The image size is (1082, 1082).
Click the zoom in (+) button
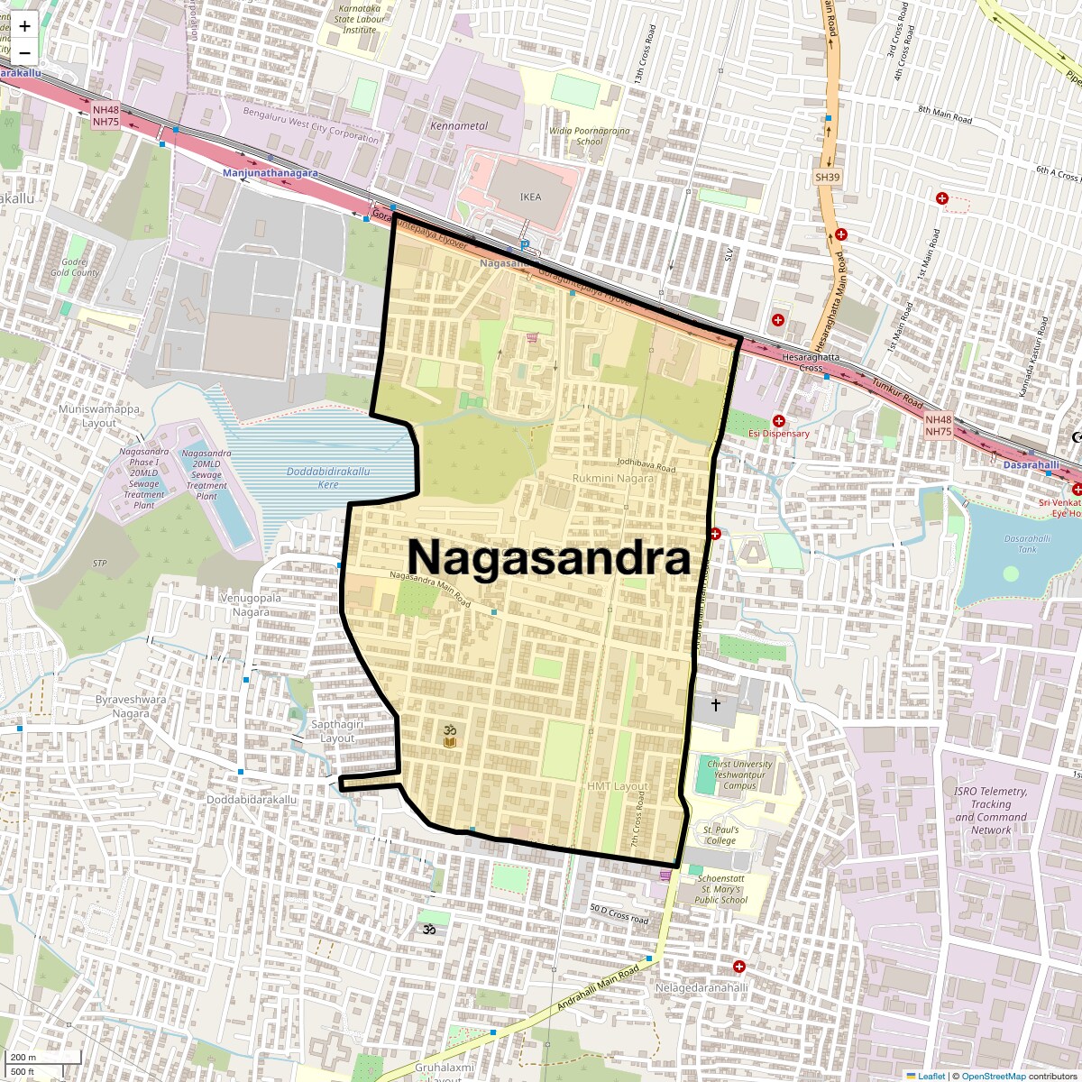pyautogui.click(x=24, y=26)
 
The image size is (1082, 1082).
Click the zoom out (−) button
pyautogui.click(x=24, y=51)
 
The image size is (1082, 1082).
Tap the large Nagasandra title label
pyautogui.click(x=549, y=557)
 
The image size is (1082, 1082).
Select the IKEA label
pyautogui.click(x=531, y=197)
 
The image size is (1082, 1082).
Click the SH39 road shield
pyautogui.click(x=827, y=178)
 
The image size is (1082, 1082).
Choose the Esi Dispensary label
pyautogui.click(x=778, y=434)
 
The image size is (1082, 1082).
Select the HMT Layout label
pyautogui.click(x=618, y=786)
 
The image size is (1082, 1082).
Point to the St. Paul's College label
pyautogui.click(x=721, y=835)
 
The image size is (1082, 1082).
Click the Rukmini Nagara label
pyautogui.click(x=613, y=478)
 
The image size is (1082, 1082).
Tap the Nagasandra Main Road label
pyautogui.click(x=430, y=588)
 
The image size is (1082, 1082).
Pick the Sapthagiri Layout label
pyautogui.click(x=337, y=731)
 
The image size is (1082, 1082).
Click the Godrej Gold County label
pyautogui.click(x=75, y=267)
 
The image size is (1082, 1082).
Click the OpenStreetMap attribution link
pyautogui.click(x=993, y=1076)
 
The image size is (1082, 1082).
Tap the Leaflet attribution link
pyautogui.click(x=931, y=1076)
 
